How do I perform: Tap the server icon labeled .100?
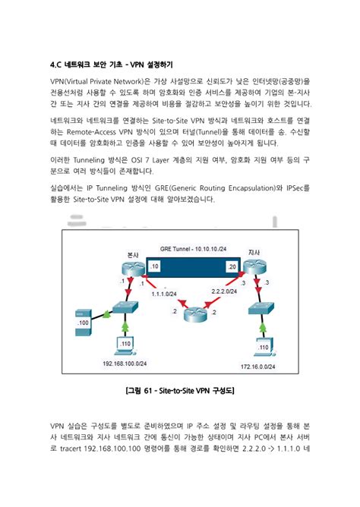[x=82, y=317]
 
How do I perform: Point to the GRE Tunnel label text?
[x=188, y=249]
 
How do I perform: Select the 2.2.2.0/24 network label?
[x=225, y=291]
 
